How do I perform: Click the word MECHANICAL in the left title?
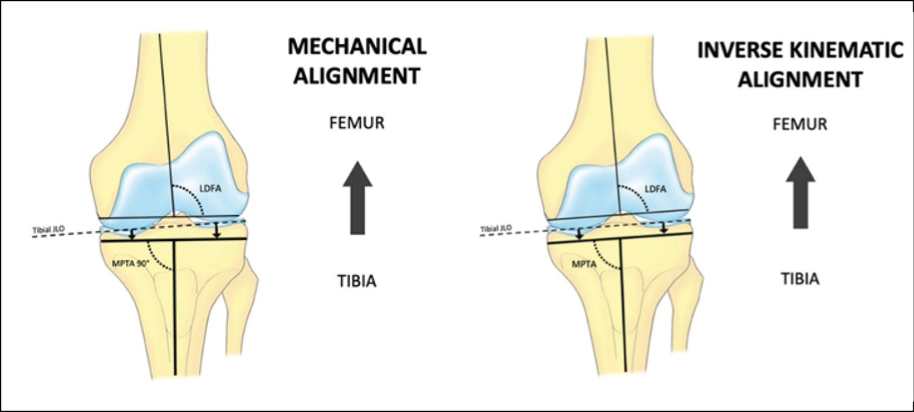pos(357,46)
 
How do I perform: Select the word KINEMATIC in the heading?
pos(842,50)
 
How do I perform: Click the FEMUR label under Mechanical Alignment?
pos(357,124)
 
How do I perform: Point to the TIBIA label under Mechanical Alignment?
pos(357,282)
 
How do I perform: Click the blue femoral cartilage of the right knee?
pos(640,170)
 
